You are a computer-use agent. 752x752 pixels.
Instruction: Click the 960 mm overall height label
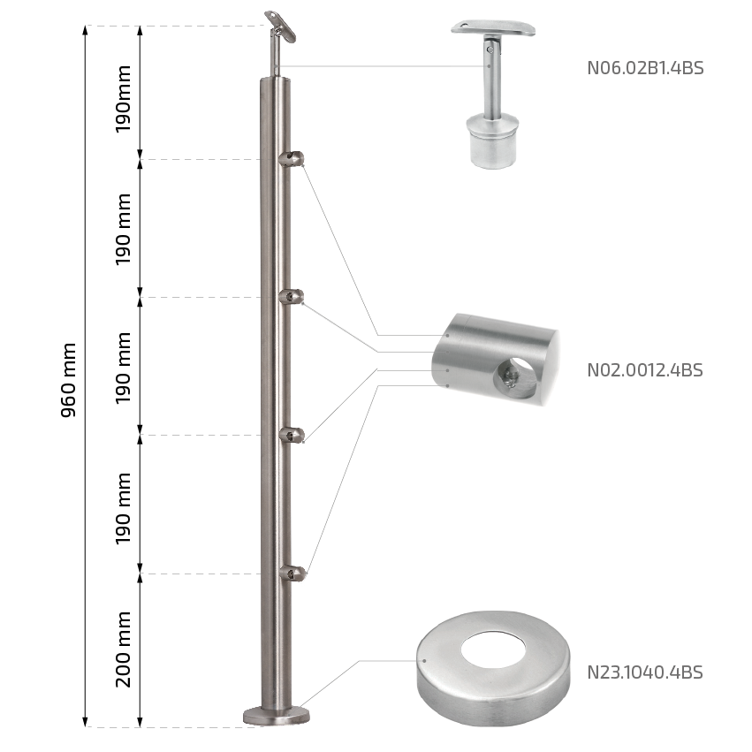click(x=69, y=380)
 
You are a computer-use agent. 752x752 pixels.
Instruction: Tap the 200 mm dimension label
click(x=123, y=649)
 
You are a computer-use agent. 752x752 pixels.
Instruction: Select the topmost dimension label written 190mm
click(x=123, y=99)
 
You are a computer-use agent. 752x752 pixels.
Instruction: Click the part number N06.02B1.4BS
click(x=645, y=68)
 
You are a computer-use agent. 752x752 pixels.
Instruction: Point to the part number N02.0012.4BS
click(x=645, y=369)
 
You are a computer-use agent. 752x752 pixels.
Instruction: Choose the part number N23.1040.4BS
click(x=645, y=672)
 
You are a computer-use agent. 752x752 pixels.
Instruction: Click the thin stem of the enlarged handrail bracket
click(x=490, y=77)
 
